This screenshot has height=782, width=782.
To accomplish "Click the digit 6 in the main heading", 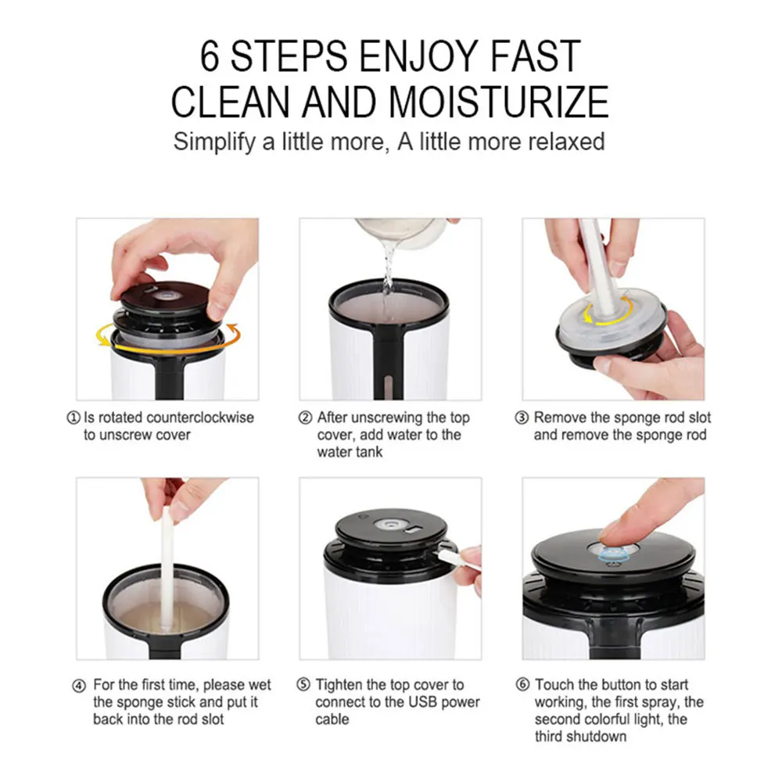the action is point(210,56).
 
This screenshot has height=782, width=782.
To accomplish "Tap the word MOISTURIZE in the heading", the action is point(498,102).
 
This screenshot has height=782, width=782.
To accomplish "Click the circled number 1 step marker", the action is point(74,418).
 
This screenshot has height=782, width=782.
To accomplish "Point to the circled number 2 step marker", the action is point(305,418).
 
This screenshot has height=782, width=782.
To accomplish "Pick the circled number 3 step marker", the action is point(522,418).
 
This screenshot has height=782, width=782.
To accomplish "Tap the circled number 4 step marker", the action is point(79,687).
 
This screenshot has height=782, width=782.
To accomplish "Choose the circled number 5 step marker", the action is point(303,685).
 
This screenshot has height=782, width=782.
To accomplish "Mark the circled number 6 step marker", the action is point(522,685).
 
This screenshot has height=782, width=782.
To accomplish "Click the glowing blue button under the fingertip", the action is point(612,554).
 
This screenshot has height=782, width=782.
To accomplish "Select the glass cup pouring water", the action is point(401,233).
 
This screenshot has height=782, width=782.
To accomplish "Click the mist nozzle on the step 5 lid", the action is point(389,525).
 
